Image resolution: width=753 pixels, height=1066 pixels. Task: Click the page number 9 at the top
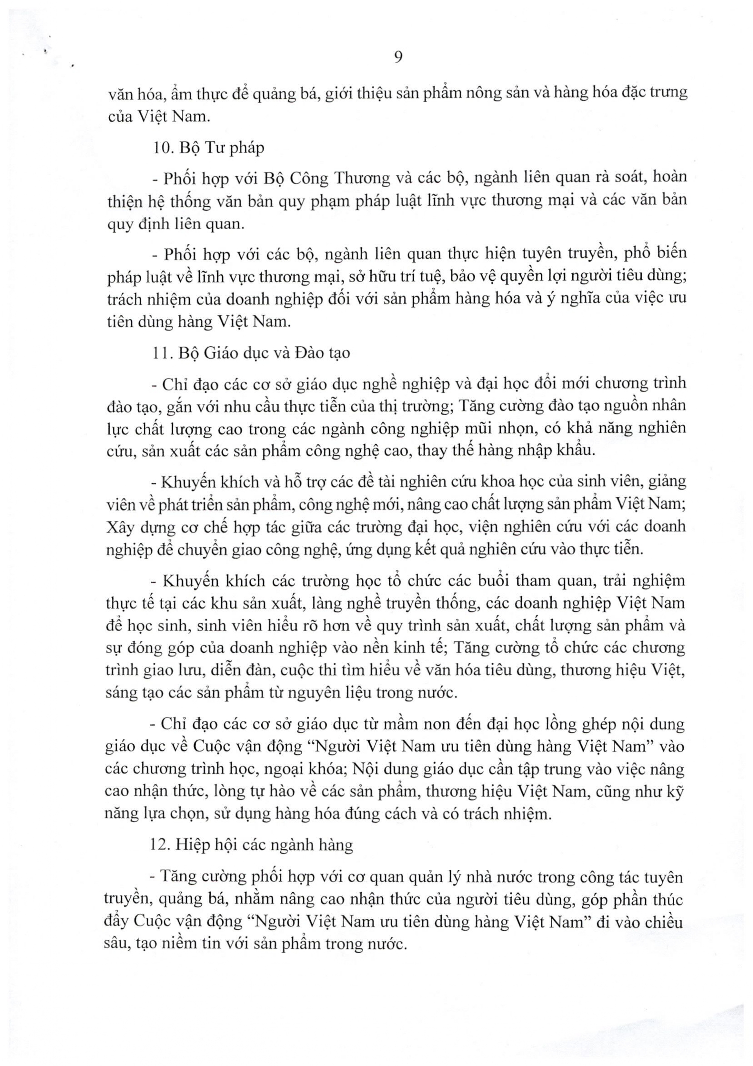[x=398, y=57]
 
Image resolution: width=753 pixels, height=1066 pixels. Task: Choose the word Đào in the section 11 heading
[x=306, y=353]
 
